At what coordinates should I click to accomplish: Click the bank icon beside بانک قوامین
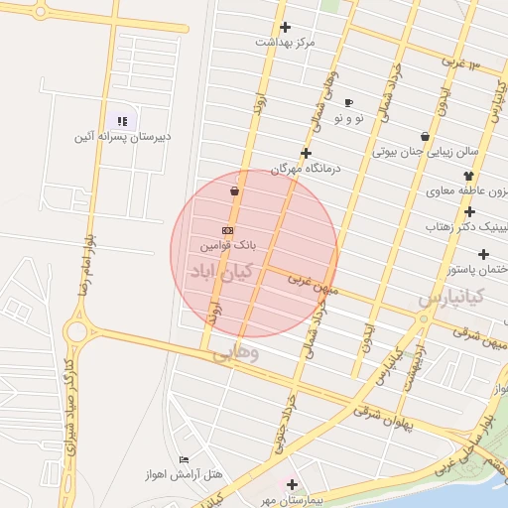[x=229, y=230]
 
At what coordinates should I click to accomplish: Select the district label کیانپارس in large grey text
[x=449, y=296]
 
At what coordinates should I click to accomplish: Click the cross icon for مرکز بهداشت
[x=286, y=28]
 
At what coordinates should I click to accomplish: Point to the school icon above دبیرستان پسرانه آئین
[x=123, y=121]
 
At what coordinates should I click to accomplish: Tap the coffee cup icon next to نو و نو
[x=348, y=103]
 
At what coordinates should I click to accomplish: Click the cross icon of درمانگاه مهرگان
[x=306, y=153]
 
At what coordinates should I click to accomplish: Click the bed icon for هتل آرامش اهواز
[x=184, y=459]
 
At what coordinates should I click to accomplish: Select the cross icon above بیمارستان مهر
[x=292, y=485]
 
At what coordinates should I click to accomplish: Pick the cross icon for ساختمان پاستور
[x=483, y=254]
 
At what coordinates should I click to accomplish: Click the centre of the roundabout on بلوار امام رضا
[x=77, y=331]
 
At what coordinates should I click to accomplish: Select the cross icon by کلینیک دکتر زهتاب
[x=469, y=211]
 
